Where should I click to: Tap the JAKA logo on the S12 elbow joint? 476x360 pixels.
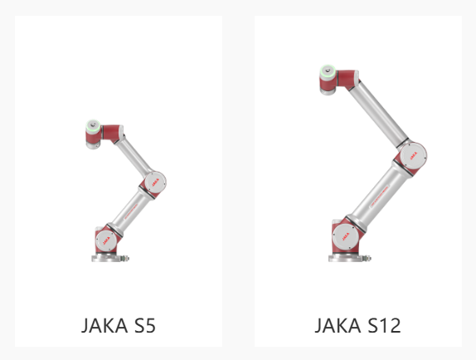pos(414,155)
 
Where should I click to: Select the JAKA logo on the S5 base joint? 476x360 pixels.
pos(106,241)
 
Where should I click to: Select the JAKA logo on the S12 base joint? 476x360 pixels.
pos(346,236)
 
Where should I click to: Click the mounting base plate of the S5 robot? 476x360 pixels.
pos(106,258)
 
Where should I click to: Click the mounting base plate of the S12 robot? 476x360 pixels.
pos(345,258)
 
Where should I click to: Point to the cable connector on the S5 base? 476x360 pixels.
pos(125,259)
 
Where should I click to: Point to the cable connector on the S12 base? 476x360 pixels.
pos(367,259)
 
